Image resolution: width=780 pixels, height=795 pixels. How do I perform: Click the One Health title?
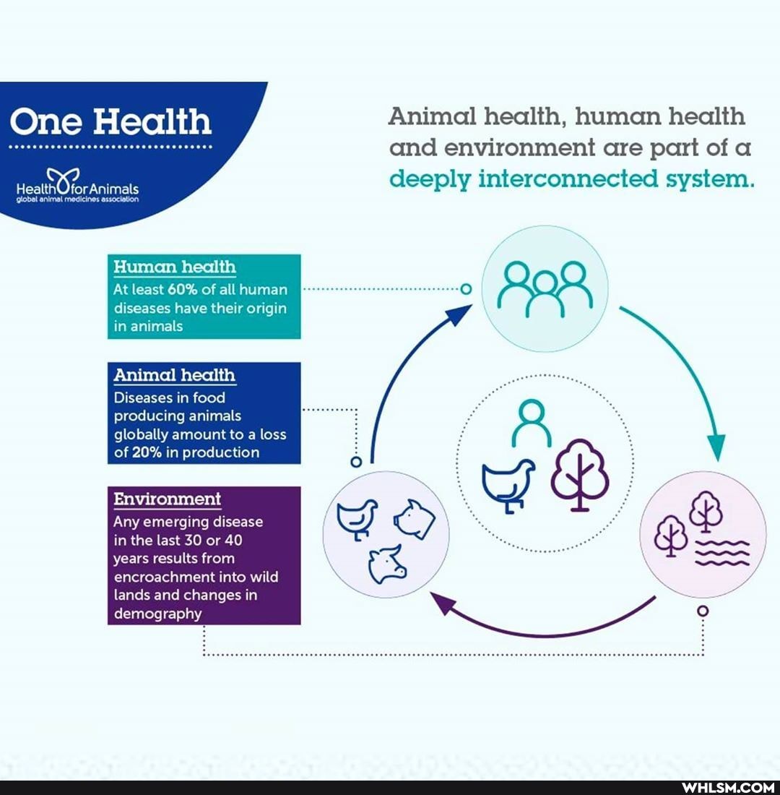110,121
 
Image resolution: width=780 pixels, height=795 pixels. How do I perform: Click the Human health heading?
175,267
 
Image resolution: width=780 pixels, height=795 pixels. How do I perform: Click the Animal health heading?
175,375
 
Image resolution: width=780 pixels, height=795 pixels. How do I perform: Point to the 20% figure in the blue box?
147,453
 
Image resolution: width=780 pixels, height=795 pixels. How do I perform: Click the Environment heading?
168,499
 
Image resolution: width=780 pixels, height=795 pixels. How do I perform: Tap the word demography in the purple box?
157,614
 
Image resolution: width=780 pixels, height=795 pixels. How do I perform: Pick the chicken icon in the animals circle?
357,517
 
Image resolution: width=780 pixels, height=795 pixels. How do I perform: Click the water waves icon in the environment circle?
721,553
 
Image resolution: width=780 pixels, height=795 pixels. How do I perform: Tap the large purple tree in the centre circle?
580,473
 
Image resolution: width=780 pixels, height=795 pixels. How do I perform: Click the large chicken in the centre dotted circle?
508,483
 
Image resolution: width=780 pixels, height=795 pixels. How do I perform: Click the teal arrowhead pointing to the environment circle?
716,448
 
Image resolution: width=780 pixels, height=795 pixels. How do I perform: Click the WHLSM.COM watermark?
728,787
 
